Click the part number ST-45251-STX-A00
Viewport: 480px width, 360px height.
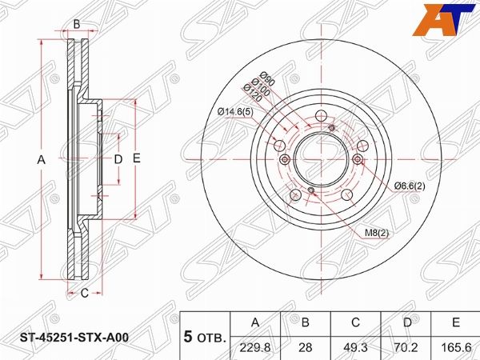[x=74, y=338]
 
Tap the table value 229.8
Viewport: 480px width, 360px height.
[x=255, y=347]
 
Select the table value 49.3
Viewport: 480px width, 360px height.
[x=355, y=347]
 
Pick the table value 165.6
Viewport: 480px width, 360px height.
[x=456, y=347]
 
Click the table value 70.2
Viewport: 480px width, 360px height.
[x=406, y=347]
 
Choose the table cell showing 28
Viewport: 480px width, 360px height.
[x=306, y=347]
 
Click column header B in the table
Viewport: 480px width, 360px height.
[x=306, y=322]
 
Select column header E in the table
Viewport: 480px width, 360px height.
[x=456, y=322]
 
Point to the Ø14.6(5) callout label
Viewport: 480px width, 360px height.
[x=236, y=112]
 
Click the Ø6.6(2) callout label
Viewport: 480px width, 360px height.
[x=410, y=186]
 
